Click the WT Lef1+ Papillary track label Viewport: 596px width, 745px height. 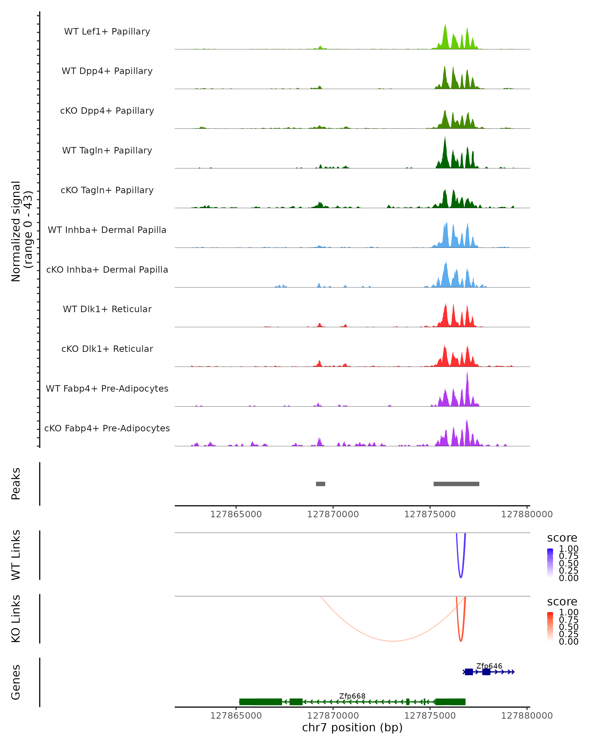click(107, 32)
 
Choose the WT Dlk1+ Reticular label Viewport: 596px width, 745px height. click(107, 309)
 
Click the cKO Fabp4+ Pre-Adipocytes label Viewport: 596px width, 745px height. click(107, 428)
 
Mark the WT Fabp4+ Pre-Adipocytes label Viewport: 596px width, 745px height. click(107, 388)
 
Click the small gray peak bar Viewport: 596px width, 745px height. click(320, 484)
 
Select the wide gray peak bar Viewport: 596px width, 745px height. click(456, 484)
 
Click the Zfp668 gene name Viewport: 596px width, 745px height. click(352, 696)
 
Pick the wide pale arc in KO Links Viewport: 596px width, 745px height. click(393, 641)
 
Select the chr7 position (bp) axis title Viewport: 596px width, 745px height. click(352, 727)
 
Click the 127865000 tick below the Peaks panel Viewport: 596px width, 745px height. click(236, 514)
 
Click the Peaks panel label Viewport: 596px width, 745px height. click(16, 484)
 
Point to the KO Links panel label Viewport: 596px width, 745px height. click(16, 619)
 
